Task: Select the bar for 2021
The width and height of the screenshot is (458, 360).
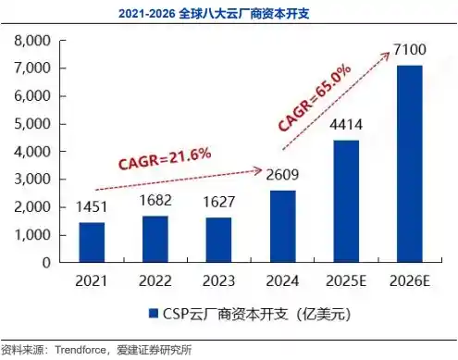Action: pos(92,242)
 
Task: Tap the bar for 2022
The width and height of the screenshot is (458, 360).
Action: pos(155,240)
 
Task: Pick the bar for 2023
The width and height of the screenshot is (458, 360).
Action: pos(218,241)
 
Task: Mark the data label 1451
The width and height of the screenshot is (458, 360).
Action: pos(92,208)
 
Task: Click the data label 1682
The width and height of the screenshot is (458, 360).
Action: pos(155,202)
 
